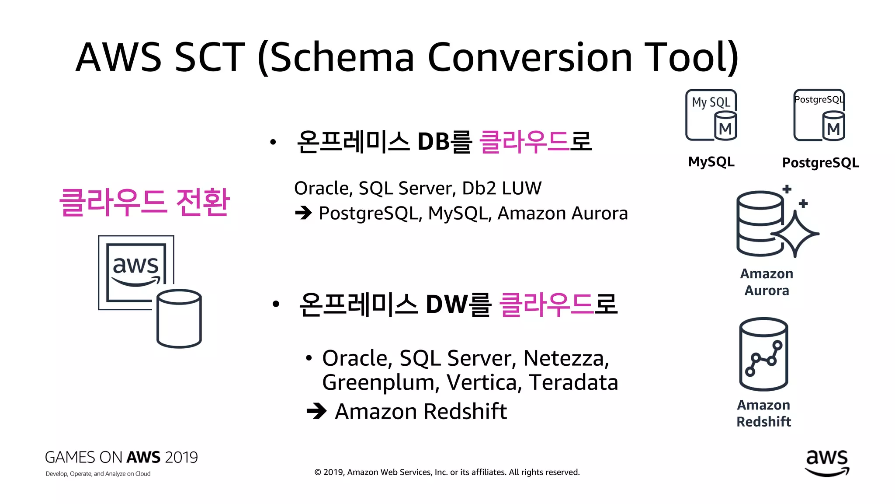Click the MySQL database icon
pos(711,115)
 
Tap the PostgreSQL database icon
pos(819,115)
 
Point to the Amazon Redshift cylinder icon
pos(763,354)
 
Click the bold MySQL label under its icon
pos(711,162)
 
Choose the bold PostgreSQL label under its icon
pos(820,163)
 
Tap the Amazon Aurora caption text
pos(767,282)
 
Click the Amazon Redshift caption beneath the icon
pos(763,413)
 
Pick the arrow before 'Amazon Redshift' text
pos(316,411)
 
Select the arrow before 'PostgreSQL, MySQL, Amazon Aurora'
pos(303,213)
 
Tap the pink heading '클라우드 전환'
pos(144,202)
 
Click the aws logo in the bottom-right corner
pos(827,463)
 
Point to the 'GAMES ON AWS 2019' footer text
pos(121,457)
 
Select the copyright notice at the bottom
pos(447,472)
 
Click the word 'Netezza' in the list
pos(565,358)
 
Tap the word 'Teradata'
pos(573,382)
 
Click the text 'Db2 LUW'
pos(502,188)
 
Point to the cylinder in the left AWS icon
pos(179,318)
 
